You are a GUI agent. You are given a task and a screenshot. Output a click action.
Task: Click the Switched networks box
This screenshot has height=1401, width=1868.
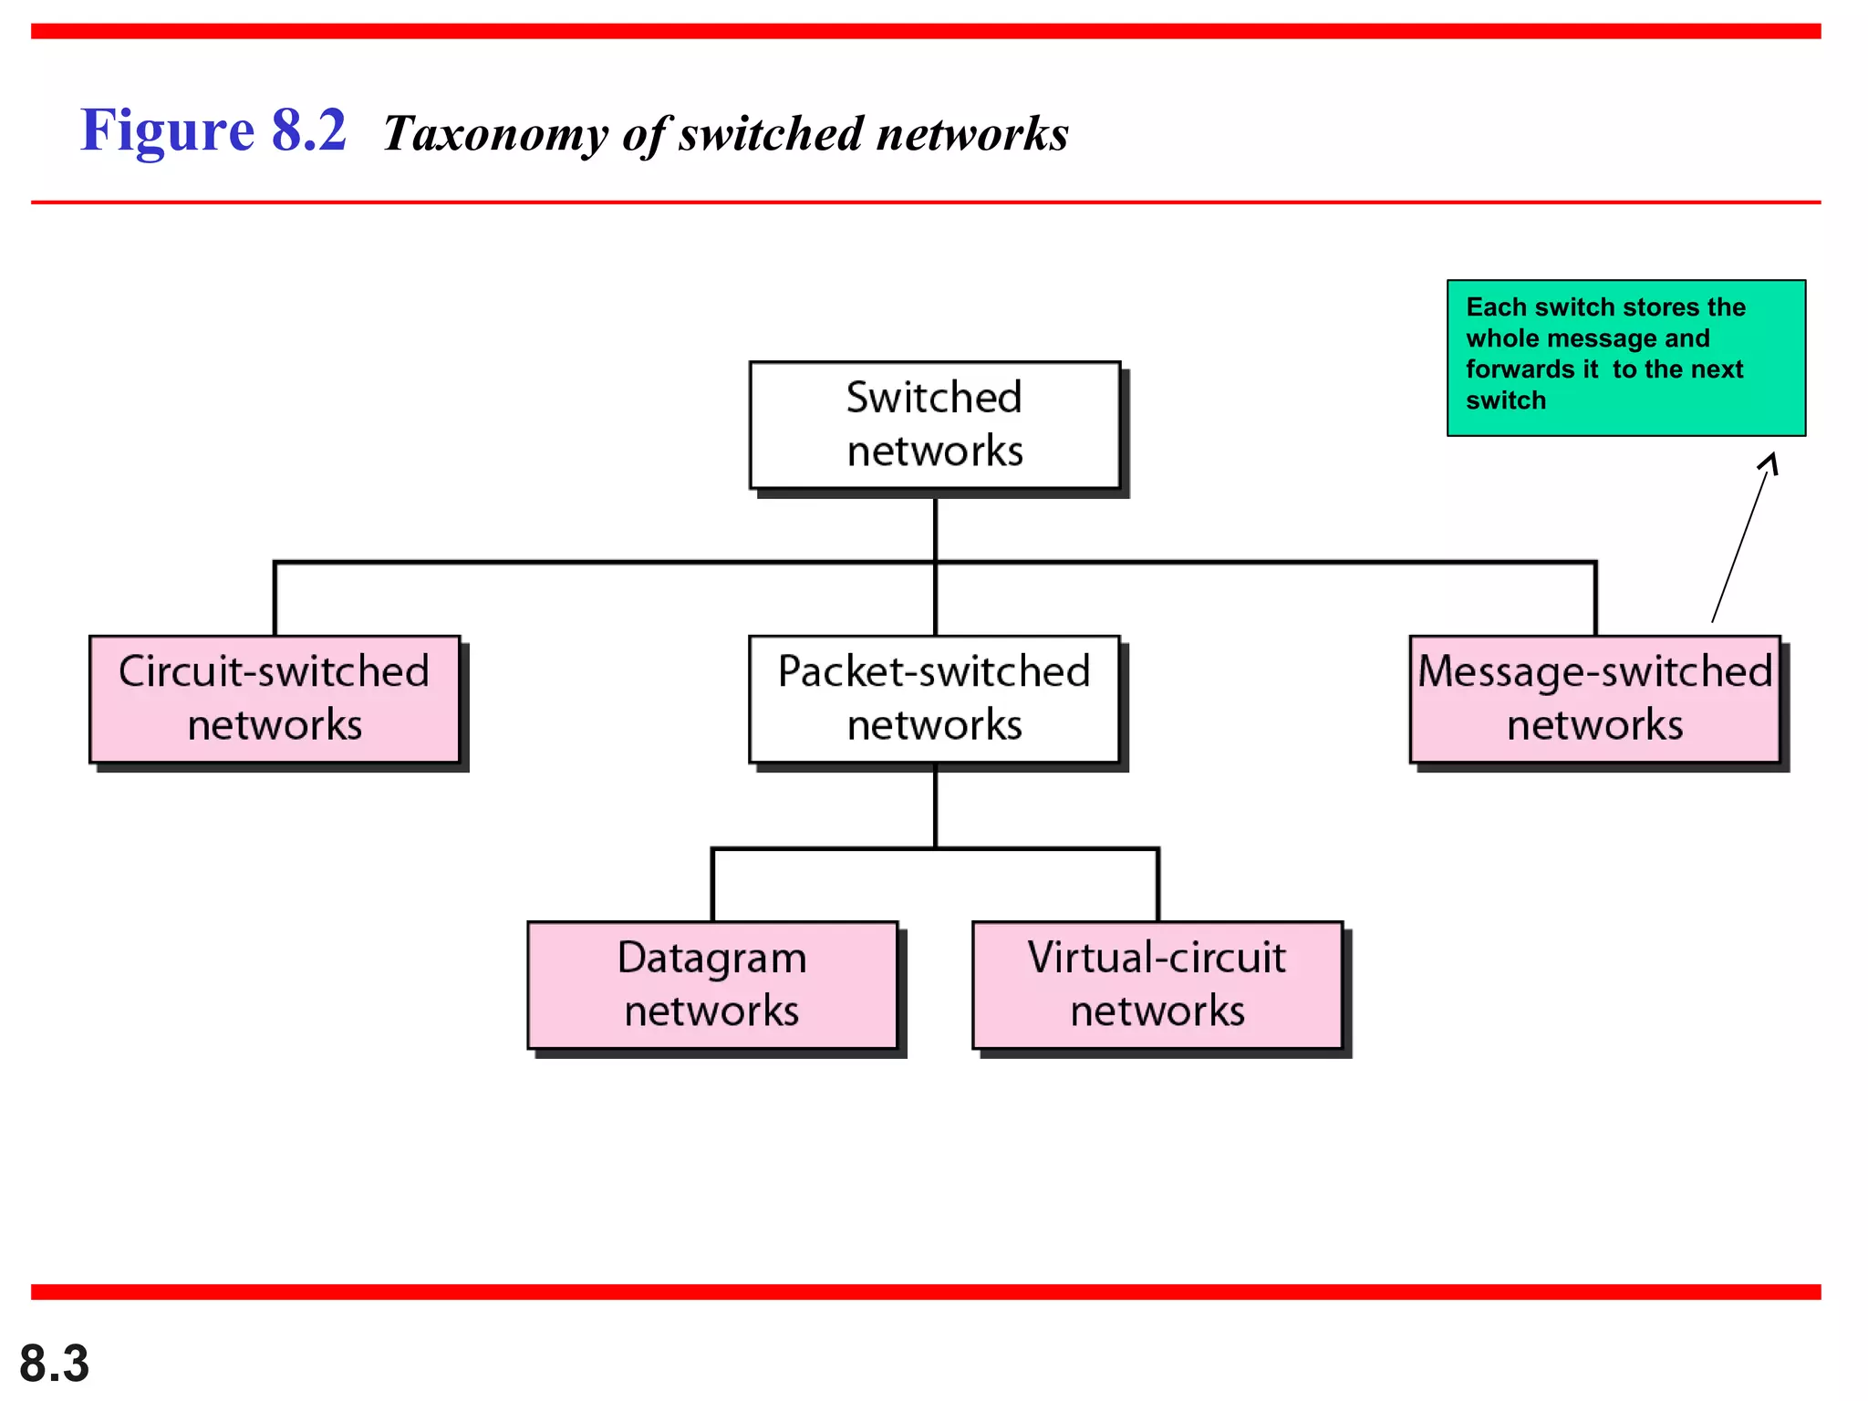coord(934,425)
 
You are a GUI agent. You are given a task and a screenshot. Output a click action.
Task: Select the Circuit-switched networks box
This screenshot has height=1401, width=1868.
coord(275,699)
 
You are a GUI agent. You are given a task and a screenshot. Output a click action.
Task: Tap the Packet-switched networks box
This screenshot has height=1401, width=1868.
coord(934,699)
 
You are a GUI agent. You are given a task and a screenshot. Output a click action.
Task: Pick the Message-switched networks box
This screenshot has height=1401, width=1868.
coord(1594,699)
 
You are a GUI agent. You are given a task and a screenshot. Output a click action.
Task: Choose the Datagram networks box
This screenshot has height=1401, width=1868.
coord(712,985)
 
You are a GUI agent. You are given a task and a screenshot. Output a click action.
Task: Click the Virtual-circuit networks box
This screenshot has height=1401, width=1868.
coord(1157,985)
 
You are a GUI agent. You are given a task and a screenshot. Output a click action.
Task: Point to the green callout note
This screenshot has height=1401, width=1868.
coord(1625,358)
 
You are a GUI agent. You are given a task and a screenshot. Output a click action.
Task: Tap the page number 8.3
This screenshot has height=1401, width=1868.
coord(54,1364)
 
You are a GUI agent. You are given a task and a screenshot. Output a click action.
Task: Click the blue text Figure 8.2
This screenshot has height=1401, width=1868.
coord(213,130)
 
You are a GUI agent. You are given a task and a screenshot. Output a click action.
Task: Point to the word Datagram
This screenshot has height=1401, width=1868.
coord(712,958)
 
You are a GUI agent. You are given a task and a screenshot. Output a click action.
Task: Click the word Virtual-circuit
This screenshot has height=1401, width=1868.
coord(1157,958)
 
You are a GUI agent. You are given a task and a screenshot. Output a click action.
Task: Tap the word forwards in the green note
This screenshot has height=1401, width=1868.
coord(1531,369)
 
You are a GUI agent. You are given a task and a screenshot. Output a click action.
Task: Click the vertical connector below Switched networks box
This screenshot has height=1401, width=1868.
coord(935,529)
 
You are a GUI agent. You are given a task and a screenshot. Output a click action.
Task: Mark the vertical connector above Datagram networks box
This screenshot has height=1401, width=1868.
coord(712,885)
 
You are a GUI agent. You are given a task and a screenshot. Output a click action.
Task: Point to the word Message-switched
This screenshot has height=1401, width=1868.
coord(1594,672)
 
